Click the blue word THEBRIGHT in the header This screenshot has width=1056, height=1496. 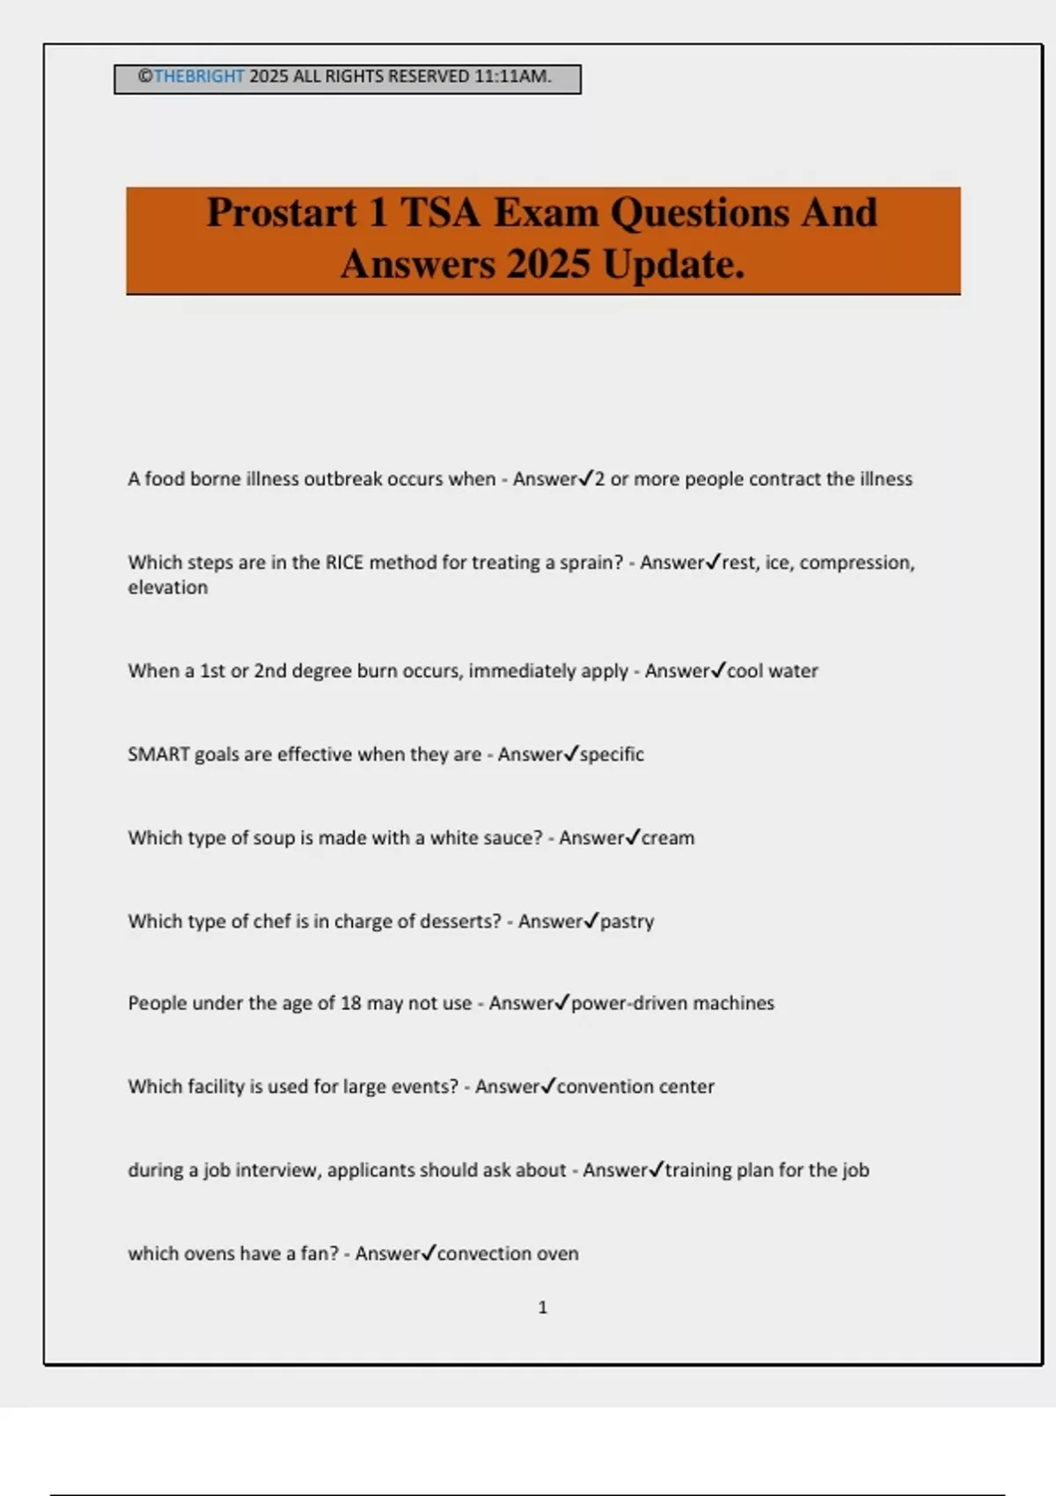[199, 77]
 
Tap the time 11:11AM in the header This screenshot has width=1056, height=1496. [512, 77]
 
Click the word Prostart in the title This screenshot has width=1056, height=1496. [282, 213]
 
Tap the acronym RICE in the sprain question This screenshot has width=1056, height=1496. [344, 562]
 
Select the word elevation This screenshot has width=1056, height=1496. [168, 587]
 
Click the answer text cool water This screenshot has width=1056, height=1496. [773, 671]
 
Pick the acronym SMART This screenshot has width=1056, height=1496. [158, 754]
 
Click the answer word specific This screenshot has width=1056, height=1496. [612, 754]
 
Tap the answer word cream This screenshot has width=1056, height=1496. [668, 838]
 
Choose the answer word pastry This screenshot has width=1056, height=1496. [627, 921]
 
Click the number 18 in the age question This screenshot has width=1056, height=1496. [350, 1003]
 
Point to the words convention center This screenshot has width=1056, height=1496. [635, 1087]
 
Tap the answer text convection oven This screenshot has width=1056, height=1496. [508, 1253]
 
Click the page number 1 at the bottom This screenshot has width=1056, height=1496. [543, 1308]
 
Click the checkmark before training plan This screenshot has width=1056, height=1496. [656, 1169]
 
